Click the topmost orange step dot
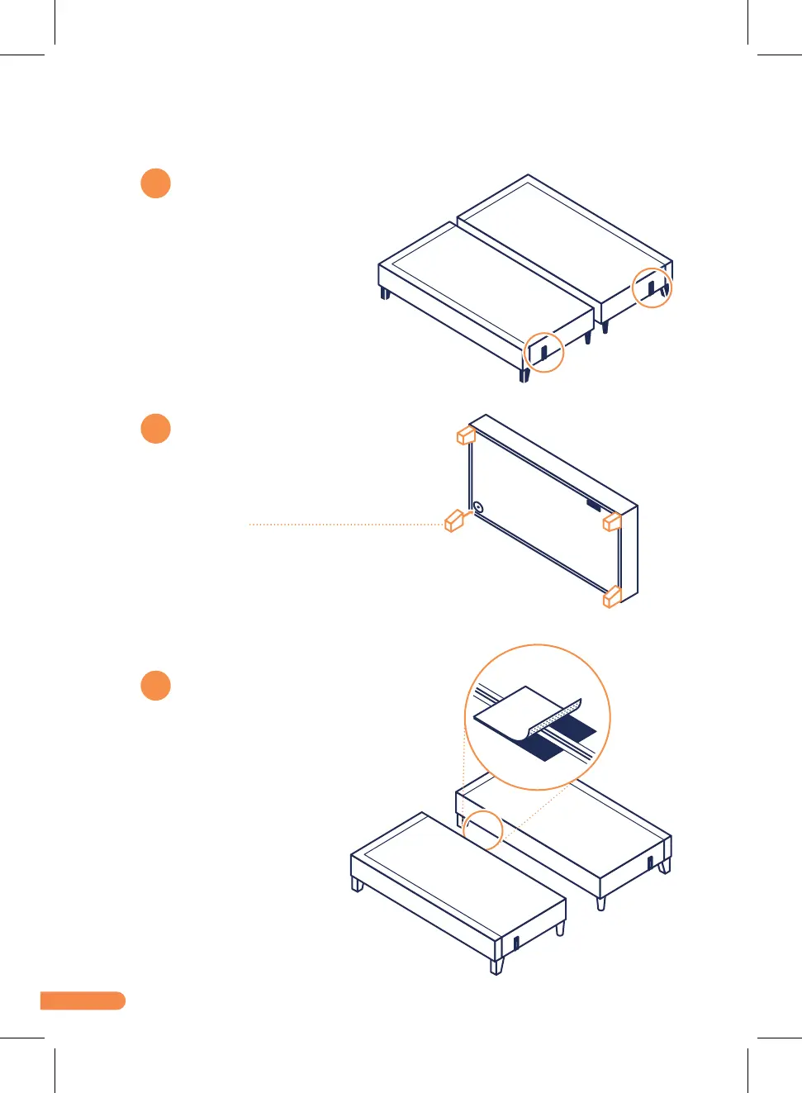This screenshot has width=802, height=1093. click(x=155, y=183)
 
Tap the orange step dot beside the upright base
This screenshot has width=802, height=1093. click(x=155, y=429)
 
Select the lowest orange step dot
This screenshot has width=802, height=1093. click(x=155, y=686)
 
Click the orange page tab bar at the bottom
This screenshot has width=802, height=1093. click(x=83, y=1000)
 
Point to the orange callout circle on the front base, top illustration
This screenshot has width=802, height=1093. click(x=544, y=351)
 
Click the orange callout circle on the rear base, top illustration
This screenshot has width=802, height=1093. click(x=652, y=288)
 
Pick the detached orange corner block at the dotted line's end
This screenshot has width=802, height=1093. click(x=453, y=520)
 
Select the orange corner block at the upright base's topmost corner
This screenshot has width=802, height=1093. click(x=466, y=435)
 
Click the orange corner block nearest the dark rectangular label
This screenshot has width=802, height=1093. click(x=612, y=521)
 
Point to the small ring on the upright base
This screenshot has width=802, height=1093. click(x=477, y=506)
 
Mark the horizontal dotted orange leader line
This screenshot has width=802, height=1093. click(x=347, y=524)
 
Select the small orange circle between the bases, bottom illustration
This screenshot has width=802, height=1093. click(x=483, y=829)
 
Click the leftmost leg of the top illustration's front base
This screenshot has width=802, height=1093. click(x=385, y=292)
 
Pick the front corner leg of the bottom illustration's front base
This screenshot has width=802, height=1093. click(x=496, y=966)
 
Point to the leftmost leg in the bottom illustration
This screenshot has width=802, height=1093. click(x=357, y=885)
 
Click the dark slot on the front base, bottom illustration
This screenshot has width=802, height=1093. click(x=516, y=943)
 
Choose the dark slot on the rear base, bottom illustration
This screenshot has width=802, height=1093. click(x=650, y=863)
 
